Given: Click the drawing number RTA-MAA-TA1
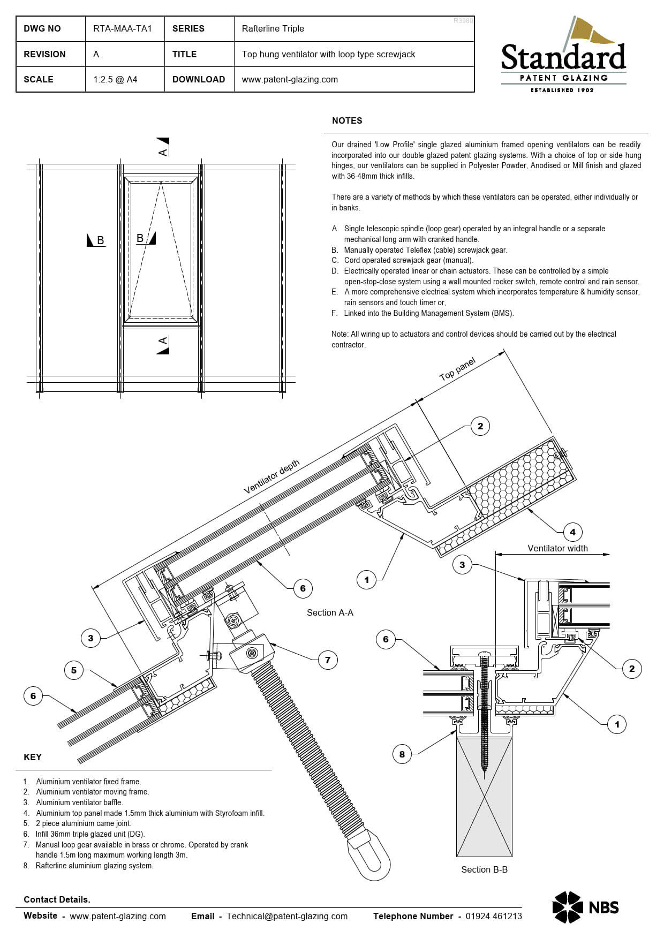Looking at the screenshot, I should (x=123, y=29).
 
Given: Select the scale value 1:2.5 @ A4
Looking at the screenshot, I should (x=115, y=79).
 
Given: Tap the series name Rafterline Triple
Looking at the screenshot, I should (x=273, y=29).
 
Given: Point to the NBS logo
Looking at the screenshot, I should (x=585, y=907).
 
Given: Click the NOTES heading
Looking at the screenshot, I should (x=347, y=121).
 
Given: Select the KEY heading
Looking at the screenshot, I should (x=33, y=757).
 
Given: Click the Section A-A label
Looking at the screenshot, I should (x=330, y=612).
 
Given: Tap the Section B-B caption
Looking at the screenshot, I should (x=484, y=869).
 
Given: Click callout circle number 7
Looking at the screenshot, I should (x=328, y=660).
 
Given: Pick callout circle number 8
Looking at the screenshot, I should (x=402, y=754).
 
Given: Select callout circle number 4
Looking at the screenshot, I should (x=572, y=532).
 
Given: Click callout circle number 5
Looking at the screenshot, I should (x=74, y=670).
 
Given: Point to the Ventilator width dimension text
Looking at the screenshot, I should (x=557, y=548).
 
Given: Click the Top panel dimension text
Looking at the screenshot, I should (x=457, y=369).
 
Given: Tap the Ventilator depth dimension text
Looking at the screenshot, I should (x=271, y=476).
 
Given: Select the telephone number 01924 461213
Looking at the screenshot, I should (x=494, y=916).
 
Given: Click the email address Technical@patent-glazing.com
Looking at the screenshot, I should (x=287, y=916).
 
